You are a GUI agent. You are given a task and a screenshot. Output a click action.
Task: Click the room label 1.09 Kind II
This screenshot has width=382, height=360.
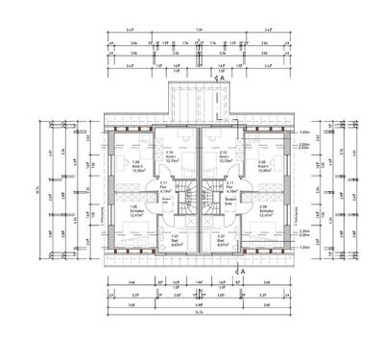click(x=135, y=167)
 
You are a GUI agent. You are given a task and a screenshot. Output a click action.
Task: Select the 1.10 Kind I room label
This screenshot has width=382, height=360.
click(x=171, y=156)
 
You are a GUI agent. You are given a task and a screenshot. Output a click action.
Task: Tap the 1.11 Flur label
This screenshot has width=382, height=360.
click(x=164, y=186)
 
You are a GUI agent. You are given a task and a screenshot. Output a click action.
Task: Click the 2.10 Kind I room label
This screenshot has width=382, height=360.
click(x=224, y=156)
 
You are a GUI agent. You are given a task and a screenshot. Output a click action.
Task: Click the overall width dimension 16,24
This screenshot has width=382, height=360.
click(x=199, y=314)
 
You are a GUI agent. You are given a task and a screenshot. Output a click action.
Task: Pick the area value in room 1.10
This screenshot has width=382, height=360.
click(x=171, y=162)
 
